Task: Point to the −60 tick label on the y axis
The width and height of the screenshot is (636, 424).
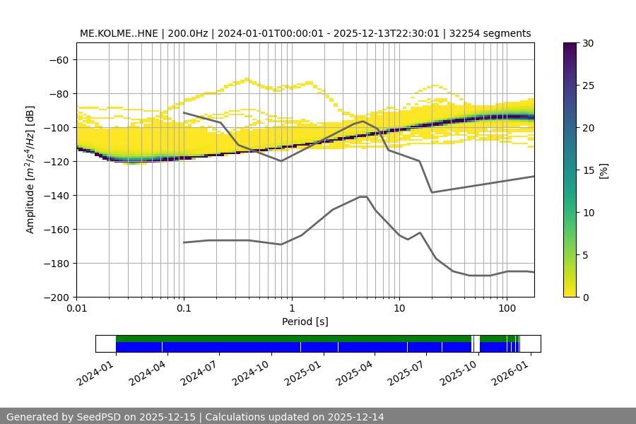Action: point(58,59)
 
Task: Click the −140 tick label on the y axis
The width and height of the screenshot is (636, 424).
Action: point(55,195)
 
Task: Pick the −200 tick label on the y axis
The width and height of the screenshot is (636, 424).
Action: point(55,297)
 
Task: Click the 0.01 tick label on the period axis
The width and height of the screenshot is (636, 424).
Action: point(76,309)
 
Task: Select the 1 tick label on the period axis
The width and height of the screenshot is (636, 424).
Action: point(291,309)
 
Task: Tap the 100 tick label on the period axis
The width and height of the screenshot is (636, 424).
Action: point(506,309)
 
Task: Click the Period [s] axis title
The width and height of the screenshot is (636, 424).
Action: point(305,322)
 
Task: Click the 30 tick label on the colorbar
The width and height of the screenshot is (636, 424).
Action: point(588,43)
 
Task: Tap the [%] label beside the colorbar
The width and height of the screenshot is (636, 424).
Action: point(603,170)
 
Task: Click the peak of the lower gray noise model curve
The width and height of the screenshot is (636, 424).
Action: point(363,196)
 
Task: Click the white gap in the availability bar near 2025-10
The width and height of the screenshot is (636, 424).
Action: point(476,343)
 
